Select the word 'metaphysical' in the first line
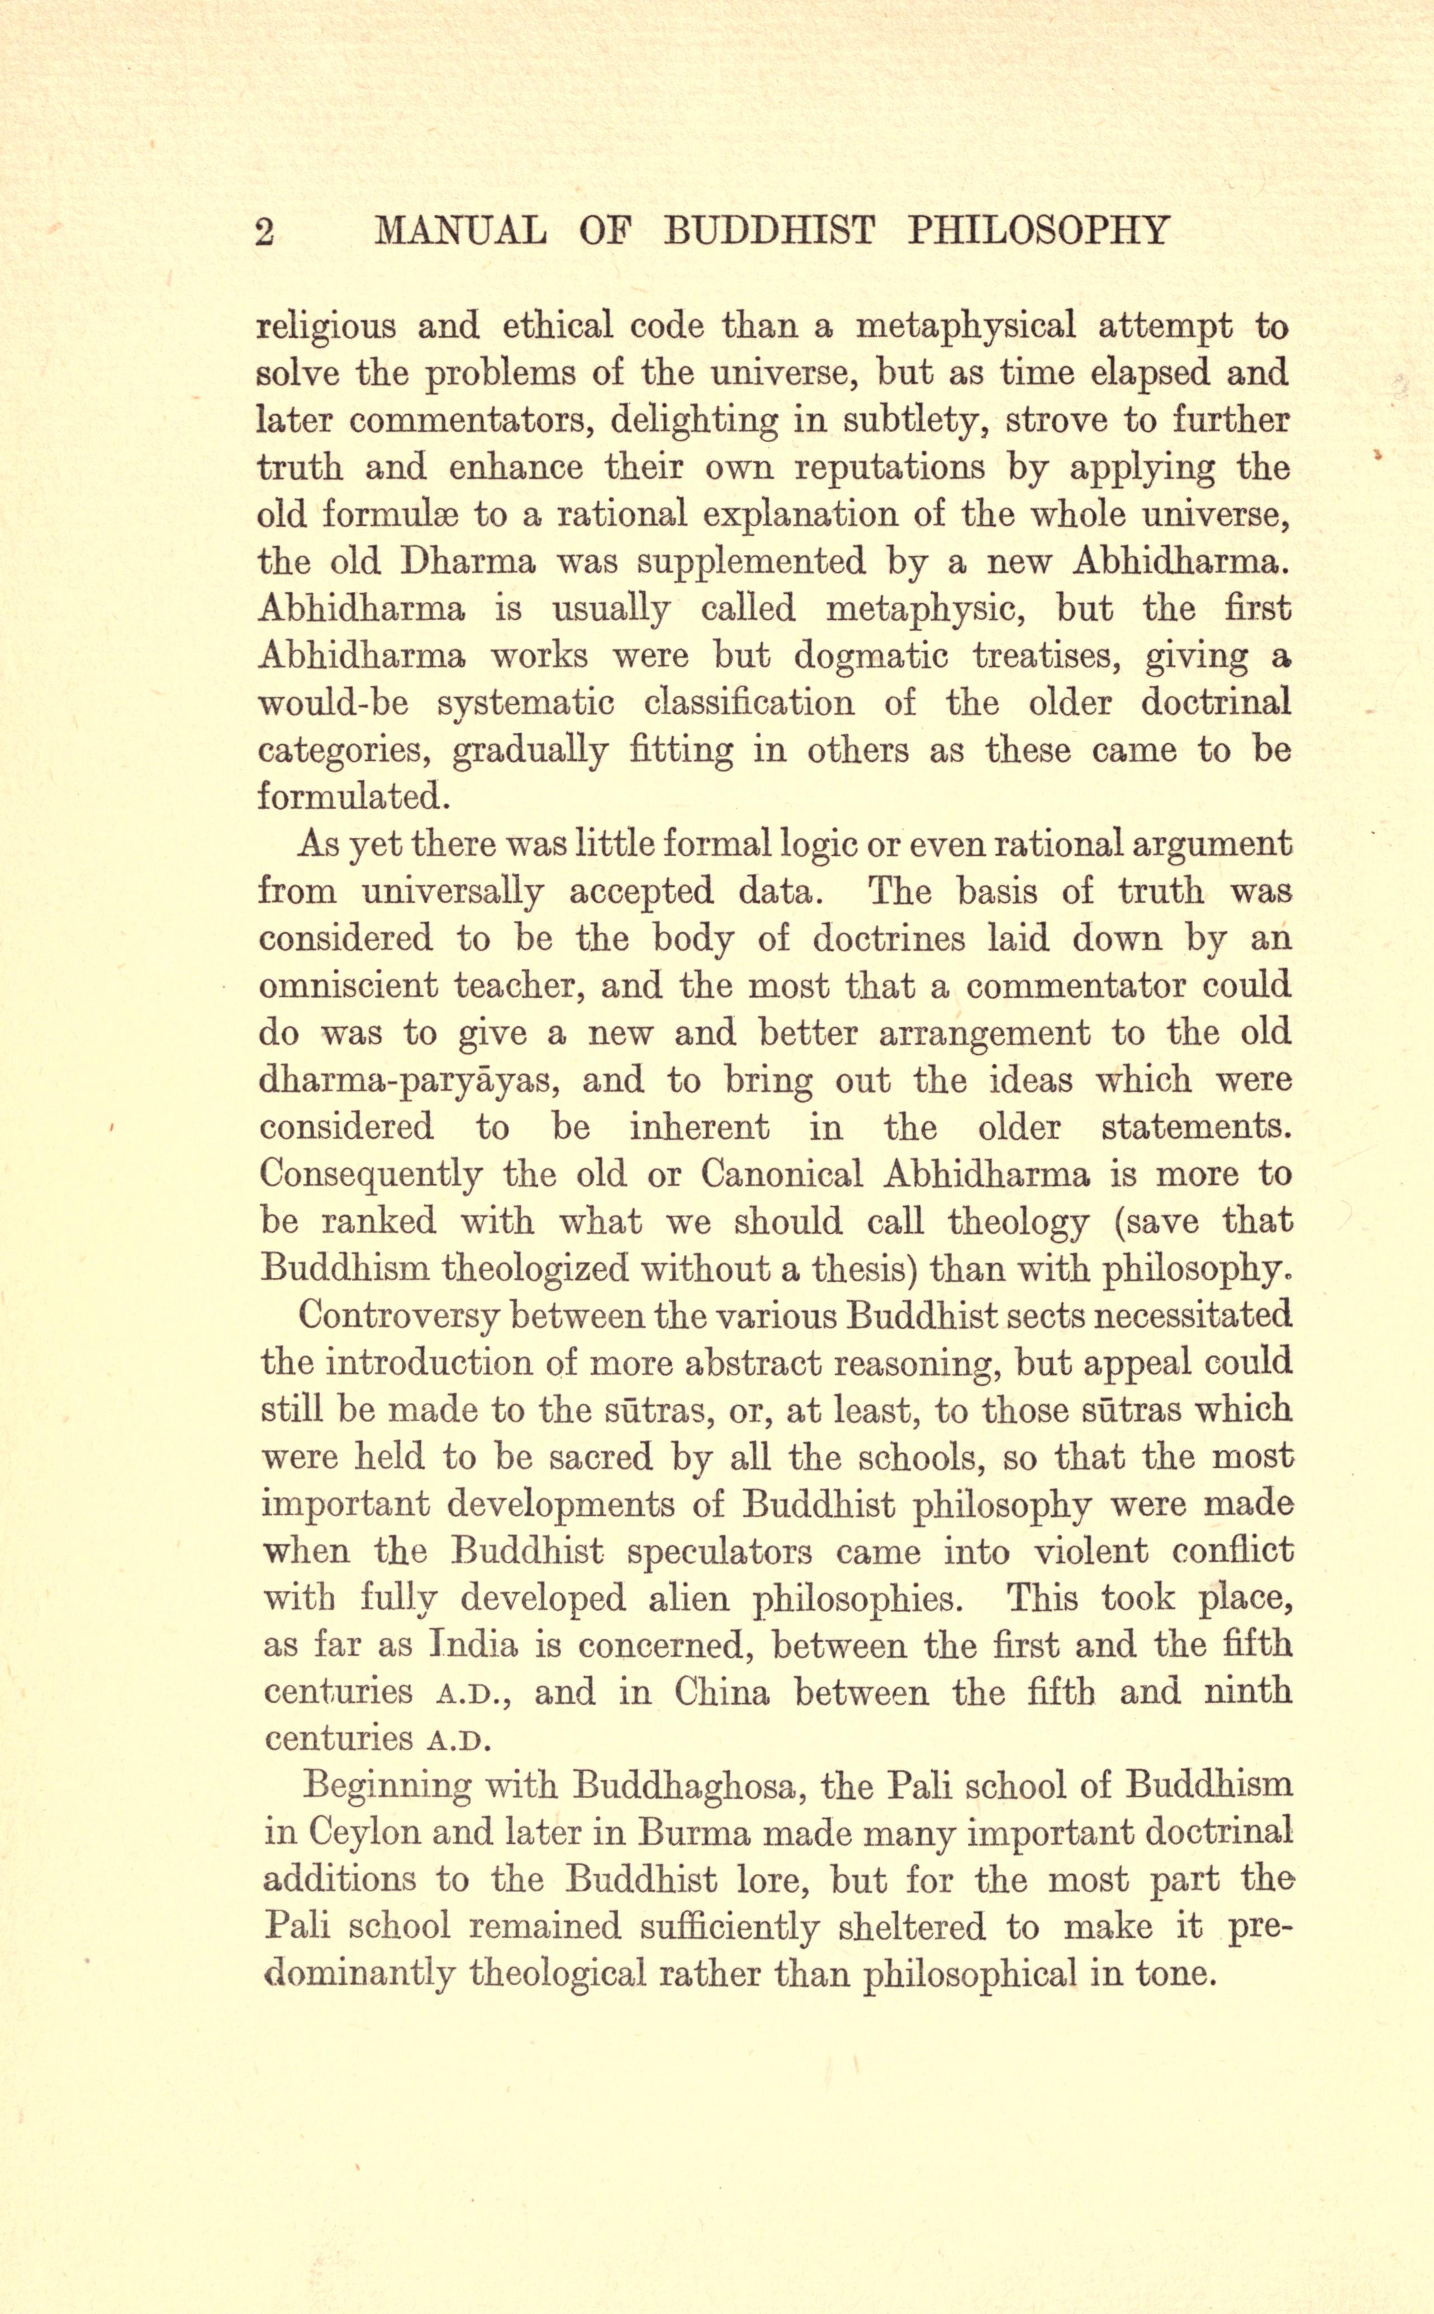click(x=966, y=327)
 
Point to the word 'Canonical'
click(x=781, y=1174)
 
